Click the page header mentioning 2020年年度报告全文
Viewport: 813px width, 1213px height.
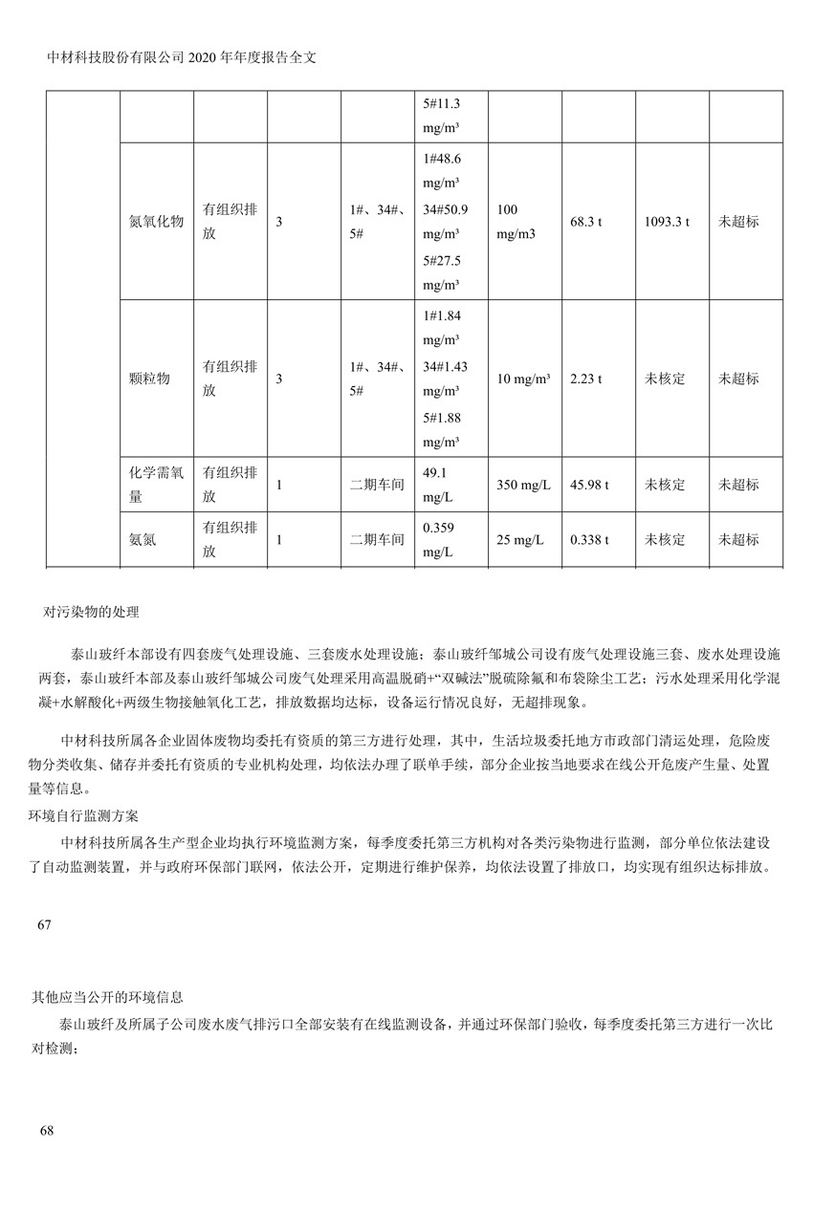pyautogui.click(x=181, y=56)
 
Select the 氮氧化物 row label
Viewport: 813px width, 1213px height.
pyautogui.click(x=156, y=222)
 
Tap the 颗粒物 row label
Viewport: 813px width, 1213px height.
pyautogui.click(x=149, y=379)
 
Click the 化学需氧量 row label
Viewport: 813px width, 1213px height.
pyautogui.click(x=156, y=485)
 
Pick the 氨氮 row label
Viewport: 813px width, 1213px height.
pyautogui.click(x=143, y=539)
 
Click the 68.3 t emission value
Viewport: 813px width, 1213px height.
pyautogui.click(x=585, y=222)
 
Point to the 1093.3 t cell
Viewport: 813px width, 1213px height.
pyautogui.click(x=667, y=222)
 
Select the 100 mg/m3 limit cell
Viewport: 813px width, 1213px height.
pyautogui.click(x=516, y=222)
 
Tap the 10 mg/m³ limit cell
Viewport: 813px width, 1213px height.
pyautogui.click(x=523, y=379)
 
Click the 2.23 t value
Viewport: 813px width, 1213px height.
pyautogui.click(x=585, y=379)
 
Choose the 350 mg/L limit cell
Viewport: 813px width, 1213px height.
pyautogui.click(x=523, y=485)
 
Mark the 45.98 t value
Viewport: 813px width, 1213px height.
pyautogui.click(x=589, y=485)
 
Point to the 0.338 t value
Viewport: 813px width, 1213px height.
pyautogui.click(x=589, y=539)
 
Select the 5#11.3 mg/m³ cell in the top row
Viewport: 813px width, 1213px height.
pyautogui.click(x=441, y=116)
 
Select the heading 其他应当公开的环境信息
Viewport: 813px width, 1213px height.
pyautogui.click(x=107, y=997)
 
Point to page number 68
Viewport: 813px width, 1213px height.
pyautogui.click(x=47, y=1131)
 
